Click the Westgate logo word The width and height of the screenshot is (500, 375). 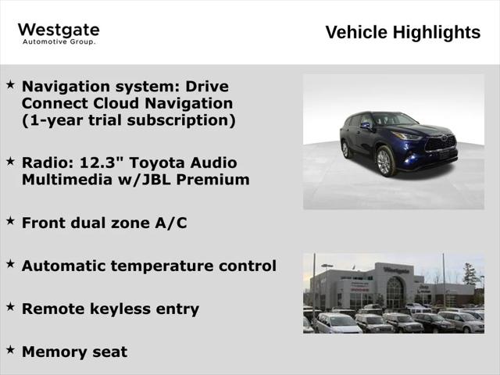point(59,30)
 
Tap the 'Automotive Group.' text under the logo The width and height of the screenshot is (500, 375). point(59,42)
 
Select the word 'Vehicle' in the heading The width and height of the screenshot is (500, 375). point(356,32)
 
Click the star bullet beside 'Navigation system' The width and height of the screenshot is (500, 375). point(10,84)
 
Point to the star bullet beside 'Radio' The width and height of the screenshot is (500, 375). point(10,160)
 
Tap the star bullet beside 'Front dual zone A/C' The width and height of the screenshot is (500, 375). point(10,221)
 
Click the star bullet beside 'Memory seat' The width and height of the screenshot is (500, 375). point(10,350)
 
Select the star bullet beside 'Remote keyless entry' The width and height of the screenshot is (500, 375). point(10,307)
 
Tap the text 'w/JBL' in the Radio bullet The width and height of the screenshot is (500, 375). point(153,180)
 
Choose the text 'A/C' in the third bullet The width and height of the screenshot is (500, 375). point(170,223)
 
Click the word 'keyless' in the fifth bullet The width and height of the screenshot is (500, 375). point(116,309)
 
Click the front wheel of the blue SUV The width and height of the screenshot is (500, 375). point(384,162)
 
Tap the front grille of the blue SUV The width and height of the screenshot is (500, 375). point(440,145)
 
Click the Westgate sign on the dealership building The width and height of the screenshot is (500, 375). point(396,270)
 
